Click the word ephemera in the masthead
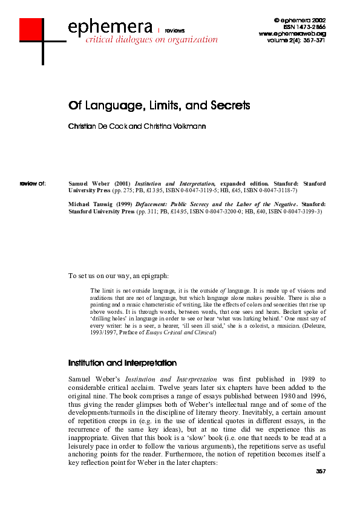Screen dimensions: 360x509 110,27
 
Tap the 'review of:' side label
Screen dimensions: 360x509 33,182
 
